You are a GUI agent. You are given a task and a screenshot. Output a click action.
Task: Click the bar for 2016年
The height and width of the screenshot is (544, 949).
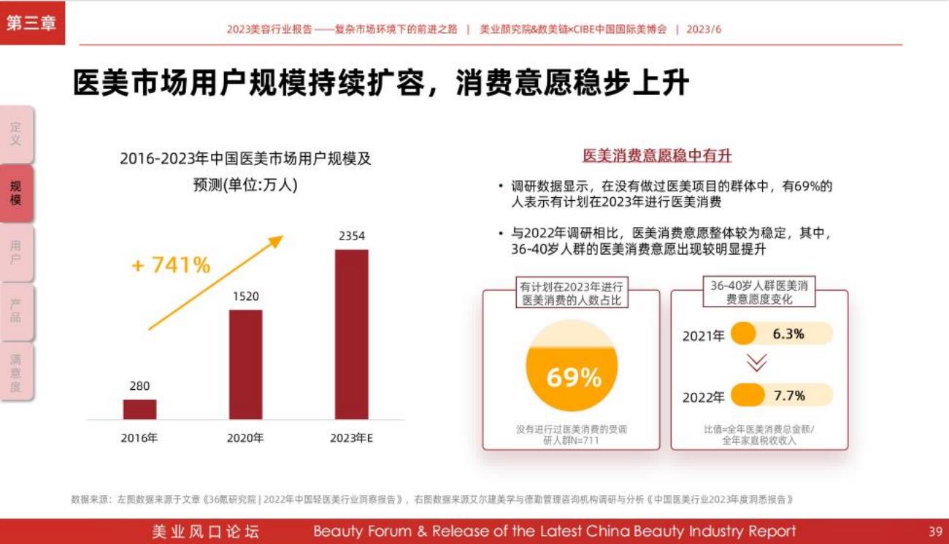139,409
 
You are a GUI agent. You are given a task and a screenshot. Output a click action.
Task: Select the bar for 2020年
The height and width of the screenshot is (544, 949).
245,364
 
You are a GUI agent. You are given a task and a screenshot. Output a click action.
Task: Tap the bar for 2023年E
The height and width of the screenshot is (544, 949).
351,334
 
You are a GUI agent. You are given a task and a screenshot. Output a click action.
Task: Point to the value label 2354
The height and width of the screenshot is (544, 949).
351,236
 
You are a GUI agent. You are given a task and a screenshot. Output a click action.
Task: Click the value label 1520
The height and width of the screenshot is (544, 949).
245,296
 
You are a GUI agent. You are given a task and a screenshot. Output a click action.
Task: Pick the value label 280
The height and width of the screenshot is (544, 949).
139,386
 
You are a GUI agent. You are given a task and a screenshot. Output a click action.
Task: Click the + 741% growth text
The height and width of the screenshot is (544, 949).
171,265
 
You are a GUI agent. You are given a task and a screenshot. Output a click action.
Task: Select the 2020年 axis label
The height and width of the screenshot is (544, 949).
245,438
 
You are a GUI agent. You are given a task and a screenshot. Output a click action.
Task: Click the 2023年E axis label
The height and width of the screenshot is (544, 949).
351,438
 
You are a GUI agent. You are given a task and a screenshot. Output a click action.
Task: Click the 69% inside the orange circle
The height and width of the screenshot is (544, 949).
574,378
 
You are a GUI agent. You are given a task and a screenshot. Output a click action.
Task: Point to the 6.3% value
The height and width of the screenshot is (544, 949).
788,334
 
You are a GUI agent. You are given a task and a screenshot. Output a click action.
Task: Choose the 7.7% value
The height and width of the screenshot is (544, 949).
788,396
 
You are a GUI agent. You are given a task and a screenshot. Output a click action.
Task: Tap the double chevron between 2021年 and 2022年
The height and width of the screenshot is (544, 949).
757,363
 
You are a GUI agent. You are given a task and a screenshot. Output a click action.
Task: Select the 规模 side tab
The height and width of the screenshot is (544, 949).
16,194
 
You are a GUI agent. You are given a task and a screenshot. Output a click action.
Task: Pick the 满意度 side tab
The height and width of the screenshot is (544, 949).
16,372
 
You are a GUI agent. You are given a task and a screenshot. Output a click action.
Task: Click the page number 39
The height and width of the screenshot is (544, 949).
935,531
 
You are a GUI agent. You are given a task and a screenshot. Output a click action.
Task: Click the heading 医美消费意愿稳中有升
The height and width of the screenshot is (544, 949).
657,156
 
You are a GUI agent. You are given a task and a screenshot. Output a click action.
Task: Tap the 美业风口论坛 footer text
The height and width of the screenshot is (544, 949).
205,532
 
